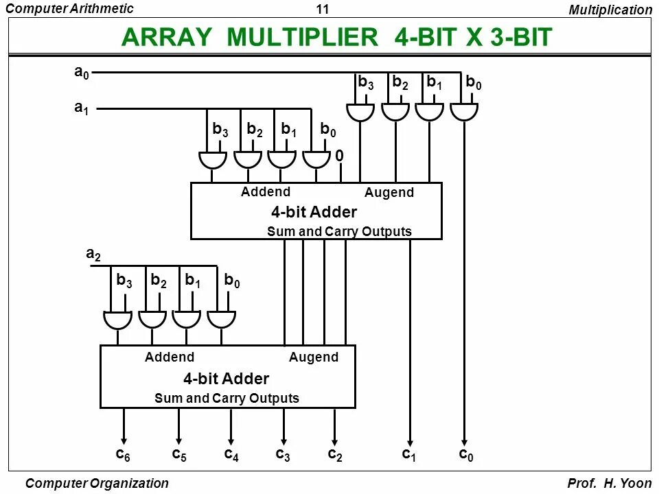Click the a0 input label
pos(82,73)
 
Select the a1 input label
pos(82,108)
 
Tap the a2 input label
pos(93,255)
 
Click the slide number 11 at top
pos(323,9)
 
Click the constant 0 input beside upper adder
pos(340,156)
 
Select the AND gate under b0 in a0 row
pos(464,110)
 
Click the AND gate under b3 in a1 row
pos(213,159)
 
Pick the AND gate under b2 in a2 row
pos(152,319)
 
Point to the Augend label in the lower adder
pos(314,357)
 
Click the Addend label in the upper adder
pos(266,192)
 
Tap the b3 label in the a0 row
pos(366,82)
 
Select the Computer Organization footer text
pos(96,483)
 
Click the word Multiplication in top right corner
pos(610,10)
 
